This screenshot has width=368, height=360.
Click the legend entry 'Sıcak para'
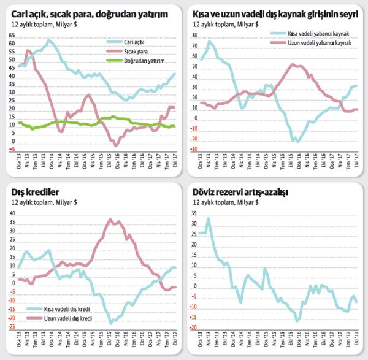click(x=137, y=52)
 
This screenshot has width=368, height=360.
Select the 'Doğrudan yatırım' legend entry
click(x=146, y=60)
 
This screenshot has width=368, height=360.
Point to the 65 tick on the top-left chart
click(x=12, y=36)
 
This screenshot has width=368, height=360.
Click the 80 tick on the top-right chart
click(x=194, y=36)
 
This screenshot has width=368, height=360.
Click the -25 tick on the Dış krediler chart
click(x=10, y=327)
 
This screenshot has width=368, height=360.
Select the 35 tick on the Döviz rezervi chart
click(x=194, y=214)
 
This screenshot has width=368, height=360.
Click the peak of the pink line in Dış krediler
click(x=110, y=219)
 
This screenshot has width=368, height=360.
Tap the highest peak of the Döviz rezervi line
click(x=208, y=218)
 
